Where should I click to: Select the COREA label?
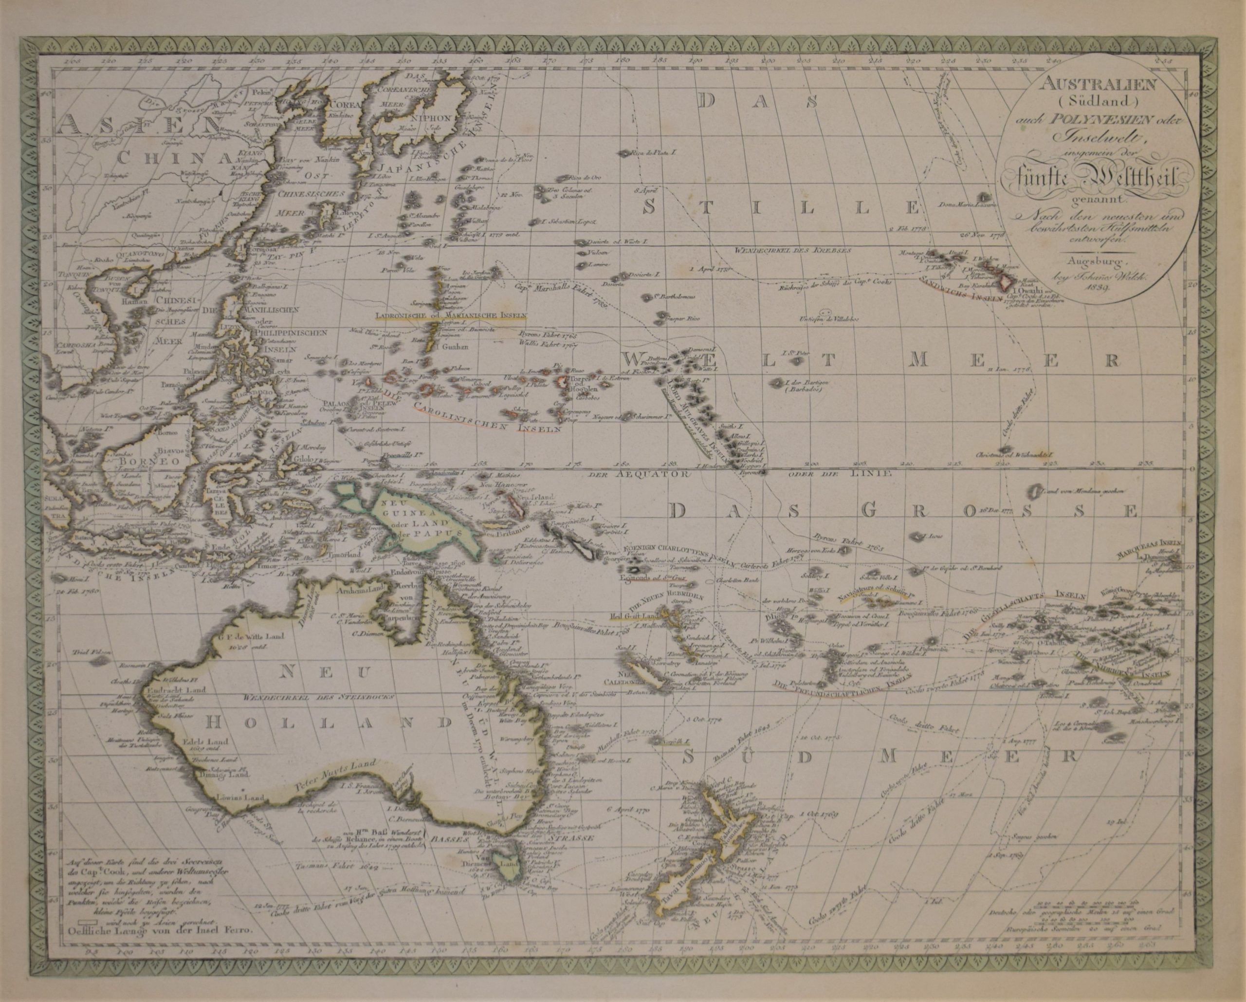pyautogui.click(x=346, y=105)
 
